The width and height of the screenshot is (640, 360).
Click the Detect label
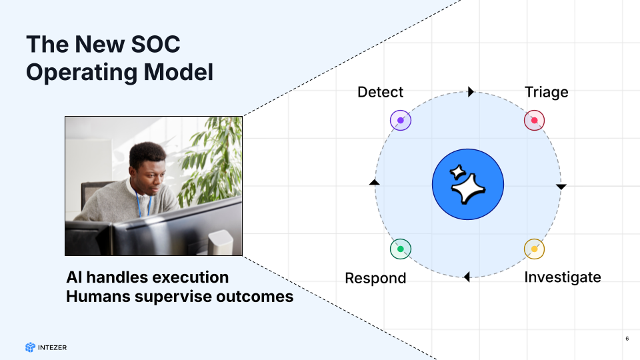(x=380, y=92)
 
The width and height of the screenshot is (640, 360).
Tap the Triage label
(x=546, y=93)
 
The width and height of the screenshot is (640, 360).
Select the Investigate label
(x=563, y=277)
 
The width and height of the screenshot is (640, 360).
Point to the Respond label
(x=375, y=279)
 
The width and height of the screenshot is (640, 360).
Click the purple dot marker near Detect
(x=401, y=121)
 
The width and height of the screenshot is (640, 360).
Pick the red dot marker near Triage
(x=534, y=121)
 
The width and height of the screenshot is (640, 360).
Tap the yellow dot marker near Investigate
(x=534, y=249)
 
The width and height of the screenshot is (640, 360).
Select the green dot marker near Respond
(x=401, y=249)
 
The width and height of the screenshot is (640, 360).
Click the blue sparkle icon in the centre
(x=468, y=185)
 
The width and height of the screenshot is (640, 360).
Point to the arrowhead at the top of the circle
(x=471, y=92)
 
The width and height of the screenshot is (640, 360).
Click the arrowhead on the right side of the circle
(x=561, y=187)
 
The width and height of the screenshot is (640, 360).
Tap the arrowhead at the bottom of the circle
(x=467, y=277)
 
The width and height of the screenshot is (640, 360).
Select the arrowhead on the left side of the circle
(x=374, y=182)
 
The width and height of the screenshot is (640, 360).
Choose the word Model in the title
(x=179, y=72)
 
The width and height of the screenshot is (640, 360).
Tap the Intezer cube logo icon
(x=30, y=347)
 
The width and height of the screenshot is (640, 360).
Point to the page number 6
(x=627, y=339)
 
